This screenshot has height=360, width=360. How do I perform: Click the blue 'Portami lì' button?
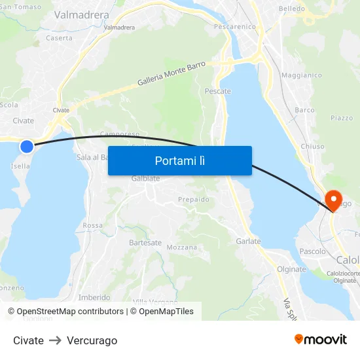(x=179, y=160)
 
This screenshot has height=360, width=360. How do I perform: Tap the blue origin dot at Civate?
(x=27, y=147)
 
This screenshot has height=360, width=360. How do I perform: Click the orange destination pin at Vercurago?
(x=333, y=199)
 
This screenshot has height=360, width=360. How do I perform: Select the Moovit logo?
(x=321, y=340)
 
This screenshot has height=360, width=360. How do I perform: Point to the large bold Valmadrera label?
(x=81, y=14)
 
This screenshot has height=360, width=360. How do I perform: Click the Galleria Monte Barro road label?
(x=171, y=73)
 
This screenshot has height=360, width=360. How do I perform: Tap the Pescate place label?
(x=218, y=91)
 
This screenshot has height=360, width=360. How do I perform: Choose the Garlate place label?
(x=248, y=241)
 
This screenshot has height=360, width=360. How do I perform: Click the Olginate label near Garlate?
(x=291, y=269)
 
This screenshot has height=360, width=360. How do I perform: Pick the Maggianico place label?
(x=302, y=75)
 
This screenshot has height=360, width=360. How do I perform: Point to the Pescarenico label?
(x=234, y=27)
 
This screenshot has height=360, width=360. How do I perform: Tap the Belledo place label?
(x=292, y=9)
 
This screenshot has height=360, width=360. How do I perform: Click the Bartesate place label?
(x=145, y=242)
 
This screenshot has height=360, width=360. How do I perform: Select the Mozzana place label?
(x=181, y=247)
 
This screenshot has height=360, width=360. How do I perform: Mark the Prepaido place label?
(x=194, y=199)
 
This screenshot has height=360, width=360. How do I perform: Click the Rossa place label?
(x=93, y=225)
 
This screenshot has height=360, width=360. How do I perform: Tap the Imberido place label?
(x=94, y=297)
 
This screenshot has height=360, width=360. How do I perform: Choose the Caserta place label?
(x=59, y=38)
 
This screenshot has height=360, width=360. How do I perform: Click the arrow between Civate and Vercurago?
(x=55, y=340)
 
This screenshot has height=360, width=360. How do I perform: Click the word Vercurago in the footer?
(x=92, y=340)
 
